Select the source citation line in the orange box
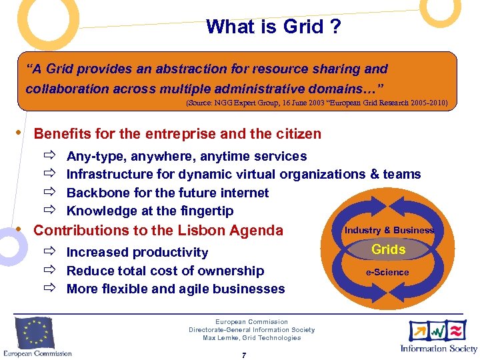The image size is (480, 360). pyautogui.click(x=317, y=104)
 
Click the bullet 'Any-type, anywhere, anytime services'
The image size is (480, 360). pyautogui.click(x=187, y=156)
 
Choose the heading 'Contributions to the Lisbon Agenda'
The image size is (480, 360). pyautogui.click(x=158, y=231)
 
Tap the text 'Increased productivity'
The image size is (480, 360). pyautogui.click(x=137, y=252)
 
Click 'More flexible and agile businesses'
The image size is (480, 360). pyautogui.click(x=175, y=289)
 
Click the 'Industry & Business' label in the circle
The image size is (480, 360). pyautogui.click(x=389, y=230)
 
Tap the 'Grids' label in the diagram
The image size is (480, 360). pyautogui.click(x=389, y=249)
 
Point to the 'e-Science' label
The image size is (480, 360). pyautogui.click(x=387, y=272)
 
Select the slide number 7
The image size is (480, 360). pyautogui.click(x=244, y=355)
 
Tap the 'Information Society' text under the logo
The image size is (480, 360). pyautogui.click(x=439, y=348)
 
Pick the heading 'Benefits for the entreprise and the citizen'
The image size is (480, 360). pyautogui.click(x=177, y=134)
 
